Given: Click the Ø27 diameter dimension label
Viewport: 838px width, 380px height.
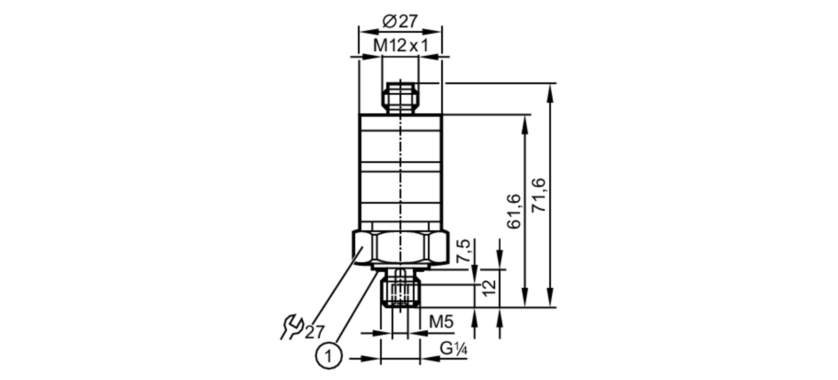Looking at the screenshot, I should click(x=400, y=21).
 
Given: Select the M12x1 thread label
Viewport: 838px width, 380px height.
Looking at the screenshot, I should click(x=401, y=46).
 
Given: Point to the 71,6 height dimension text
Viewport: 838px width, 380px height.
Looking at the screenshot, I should click(x=539, y=195).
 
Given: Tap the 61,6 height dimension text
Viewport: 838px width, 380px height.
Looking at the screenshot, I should click(x=514, y=212).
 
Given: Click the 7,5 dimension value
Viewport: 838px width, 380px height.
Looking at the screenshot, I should click(x=463, y=251).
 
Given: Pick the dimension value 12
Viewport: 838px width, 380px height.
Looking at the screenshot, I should click(x=489, y=288).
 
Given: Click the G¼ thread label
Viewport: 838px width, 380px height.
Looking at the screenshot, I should click(x=453, y=349).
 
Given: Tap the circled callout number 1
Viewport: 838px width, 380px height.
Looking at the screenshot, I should click(x=328, y=357).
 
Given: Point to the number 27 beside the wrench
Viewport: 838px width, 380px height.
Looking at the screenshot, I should click(x=314, y=332).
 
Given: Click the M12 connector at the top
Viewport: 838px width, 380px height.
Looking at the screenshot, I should click(x=400, y=98).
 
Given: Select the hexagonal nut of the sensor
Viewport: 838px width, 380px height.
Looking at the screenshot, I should click(x=401, y=248).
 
